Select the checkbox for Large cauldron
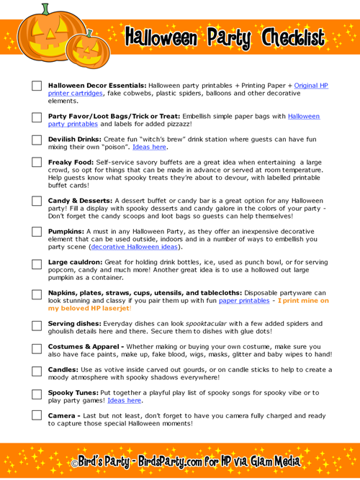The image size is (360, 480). [37, 263]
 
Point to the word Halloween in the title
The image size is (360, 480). [161, 37]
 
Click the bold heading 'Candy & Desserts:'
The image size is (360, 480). [78, 199]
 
